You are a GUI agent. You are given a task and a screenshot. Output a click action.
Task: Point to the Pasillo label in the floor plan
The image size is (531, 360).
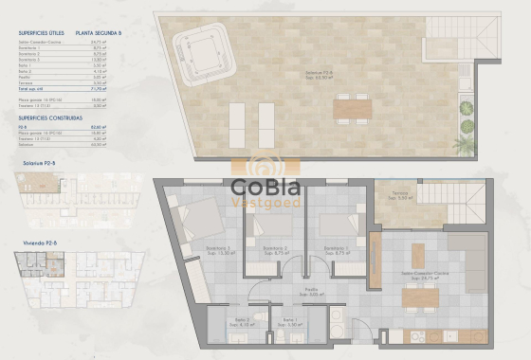[310, 291]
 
